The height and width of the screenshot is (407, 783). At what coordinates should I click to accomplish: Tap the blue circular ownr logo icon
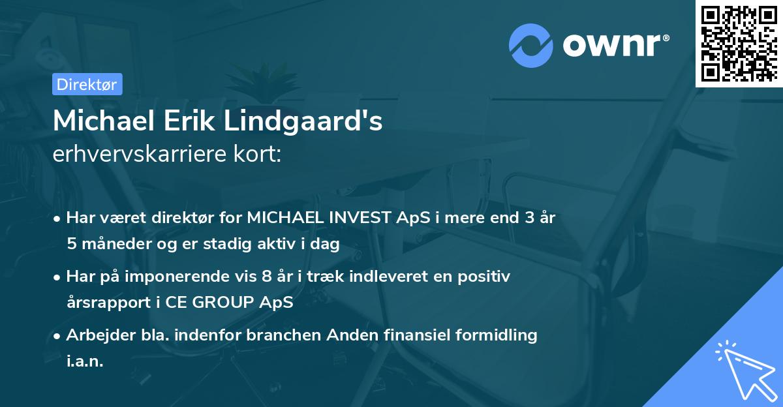click(531, 44)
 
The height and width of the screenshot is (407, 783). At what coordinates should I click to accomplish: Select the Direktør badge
click(87, 84)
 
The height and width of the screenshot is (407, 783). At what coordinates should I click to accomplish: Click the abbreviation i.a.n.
click(85, 361)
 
